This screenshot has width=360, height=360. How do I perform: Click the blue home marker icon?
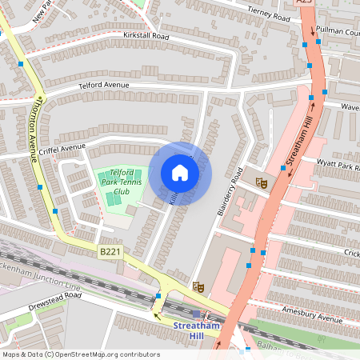[180, 173]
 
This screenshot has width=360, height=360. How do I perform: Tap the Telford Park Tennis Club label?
[122, 183]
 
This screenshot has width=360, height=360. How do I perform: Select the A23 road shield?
[304, 3]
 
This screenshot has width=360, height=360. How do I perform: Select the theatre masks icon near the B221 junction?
[198, 286]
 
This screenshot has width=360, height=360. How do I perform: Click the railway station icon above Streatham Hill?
[197, 314]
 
